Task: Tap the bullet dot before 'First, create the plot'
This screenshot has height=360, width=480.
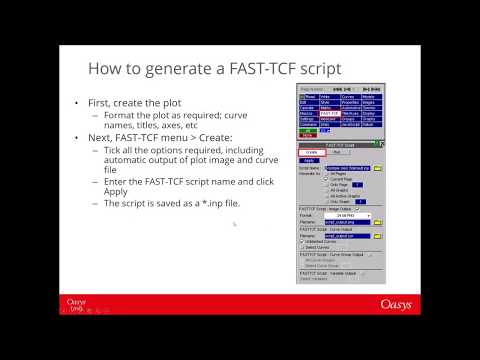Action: point(78,104)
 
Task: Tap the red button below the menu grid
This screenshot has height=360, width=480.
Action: point(307,134)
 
